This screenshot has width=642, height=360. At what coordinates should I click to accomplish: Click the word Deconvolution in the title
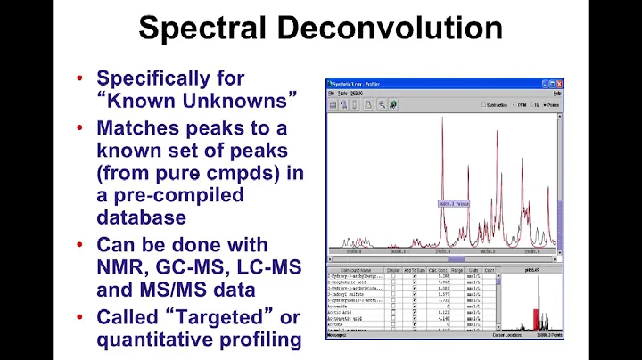[x=403, y=29]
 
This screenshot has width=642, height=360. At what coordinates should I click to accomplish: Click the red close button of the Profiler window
[x=559, y=82]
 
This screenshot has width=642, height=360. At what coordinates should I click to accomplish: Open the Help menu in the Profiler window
[x=557, y=93]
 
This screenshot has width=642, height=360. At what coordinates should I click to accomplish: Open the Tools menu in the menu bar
[x=342, y=93]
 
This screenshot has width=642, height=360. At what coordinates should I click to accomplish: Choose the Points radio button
[x=544, y=104]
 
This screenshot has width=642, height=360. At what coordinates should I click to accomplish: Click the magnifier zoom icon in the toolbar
[x=380, y=104]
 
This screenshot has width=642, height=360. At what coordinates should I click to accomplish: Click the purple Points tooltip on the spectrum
[x=453, y=204]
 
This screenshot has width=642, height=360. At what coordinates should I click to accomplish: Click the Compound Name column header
[x=354, y=270]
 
